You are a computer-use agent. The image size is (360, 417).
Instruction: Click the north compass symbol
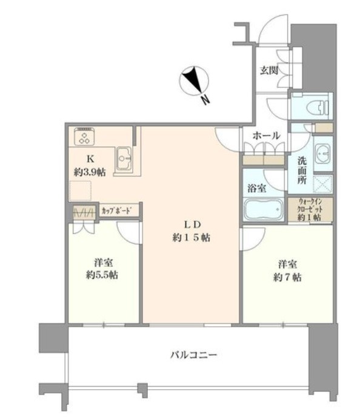pos(195,80)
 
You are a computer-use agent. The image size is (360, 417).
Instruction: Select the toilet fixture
pos(316,108)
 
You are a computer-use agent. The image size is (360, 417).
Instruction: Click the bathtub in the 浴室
pos(264,210)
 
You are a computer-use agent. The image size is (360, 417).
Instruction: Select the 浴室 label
pos(254,188)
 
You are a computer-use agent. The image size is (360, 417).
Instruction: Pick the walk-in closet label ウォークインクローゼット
pos(310,210)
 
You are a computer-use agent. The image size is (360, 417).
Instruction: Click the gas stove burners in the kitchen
pos(84,137)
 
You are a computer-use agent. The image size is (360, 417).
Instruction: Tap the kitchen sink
pos(125,159)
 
